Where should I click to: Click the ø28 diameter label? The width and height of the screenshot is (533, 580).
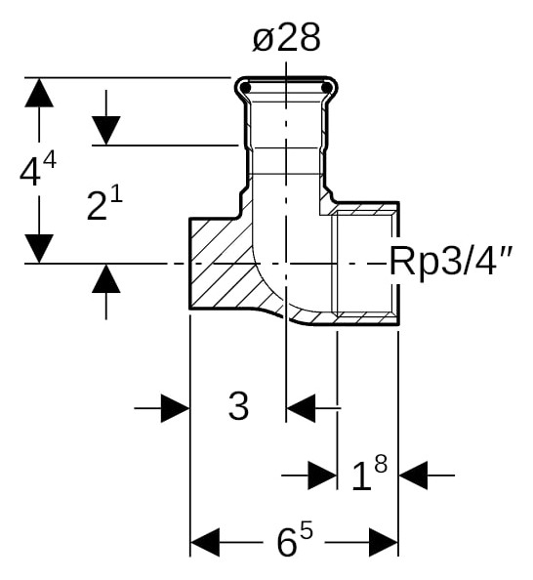(x=285, y=38)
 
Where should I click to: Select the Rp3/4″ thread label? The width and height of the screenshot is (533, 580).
(x=452, y=262)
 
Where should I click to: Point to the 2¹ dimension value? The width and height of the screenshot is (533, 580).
(x=105, y=205)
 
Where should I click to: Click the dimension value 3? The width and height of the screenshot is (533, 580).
(x=238, y=407)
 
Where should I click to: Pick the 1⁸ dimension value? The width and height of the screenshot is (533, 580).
(x=368, y=476)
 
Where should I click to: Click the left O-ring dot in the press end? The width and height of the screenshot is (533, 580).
(x=246, y=89)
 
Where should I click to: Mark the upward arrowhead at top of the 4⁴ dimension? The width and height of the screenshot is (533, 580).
(x=39, y=93)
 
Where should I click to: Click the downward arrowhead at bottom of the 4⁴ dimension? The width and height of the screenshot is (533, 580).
(x=39, y=248)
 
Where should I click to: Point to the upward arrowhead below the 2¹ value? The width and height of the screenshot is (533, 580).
(x=105, y=279)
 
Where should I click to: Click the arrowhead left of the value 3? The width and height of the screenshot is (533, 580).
(x=175, y=408)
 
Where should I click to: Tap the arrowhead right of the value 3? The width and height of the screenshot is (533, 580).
(x=302, y=408)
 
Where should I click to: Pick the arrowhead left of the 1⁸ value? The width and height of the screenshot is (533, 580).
(x=322, y=476)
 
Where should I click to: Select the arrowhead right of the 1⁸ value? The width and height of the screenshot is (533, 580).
(x=414, y=476)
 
